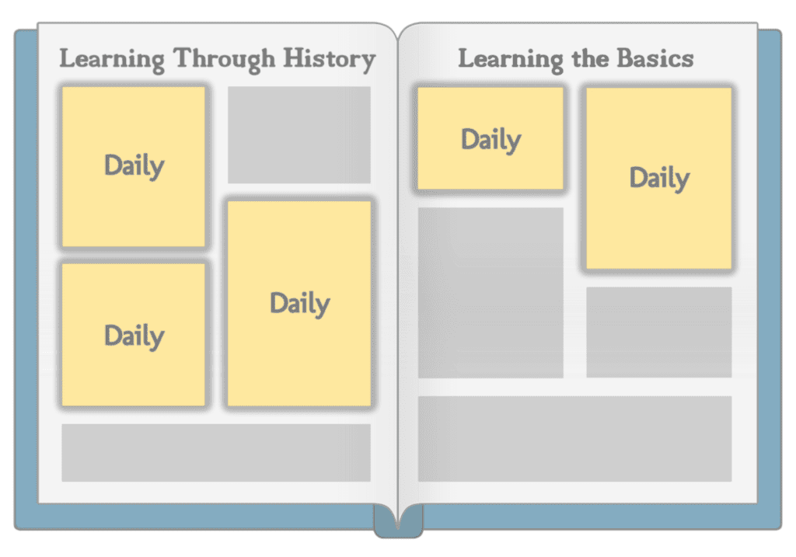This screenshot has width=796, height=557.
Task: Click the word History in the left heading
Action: [330, 59]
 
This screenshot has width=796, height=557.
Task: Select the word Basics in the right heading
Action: [655, 58]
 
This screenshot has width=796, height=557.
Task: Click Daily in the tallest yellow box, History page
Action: [300, 304]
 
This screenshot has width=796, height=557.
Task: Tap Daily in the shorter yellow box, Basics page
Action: [491, 140]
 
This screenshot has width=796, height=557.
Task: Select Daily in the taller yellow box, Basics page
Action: [659, 178]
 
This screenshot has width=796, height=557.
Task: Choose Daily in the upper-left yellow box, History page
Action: [134, 165]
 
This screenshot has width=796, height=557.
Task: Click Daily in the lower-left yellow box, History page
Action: [134, 336]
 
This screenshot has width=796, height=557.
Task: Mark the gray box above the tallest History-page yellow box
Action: [299, 135]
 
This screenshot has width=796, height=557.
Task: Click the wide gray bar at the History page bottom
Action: [216, 452]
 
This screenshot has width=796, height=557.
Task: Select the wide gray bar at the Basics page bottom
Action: [574, 439]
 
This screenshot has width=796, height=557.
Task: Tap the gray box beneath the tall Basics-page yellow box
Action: [659, 332]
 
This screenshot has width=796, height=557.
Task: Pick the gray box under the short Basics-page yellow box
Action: [491, 293]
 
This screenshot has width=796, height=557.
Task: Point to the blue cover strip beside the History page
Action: [26, 279]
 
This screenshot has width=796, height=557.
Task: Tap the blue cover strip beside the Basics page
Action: [770, 279]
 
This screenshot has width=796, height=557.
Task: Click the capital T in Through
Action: [185, 57]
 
